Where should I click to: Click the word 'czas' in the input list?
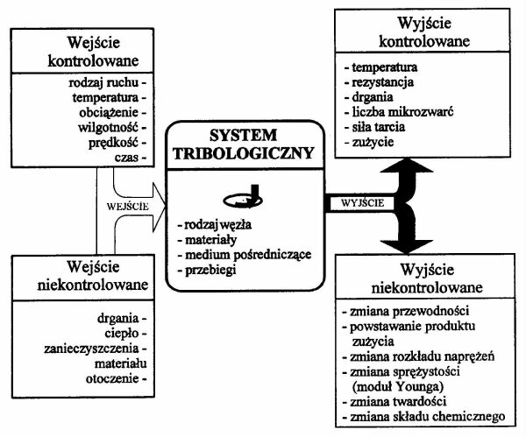tap(128, 157)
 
